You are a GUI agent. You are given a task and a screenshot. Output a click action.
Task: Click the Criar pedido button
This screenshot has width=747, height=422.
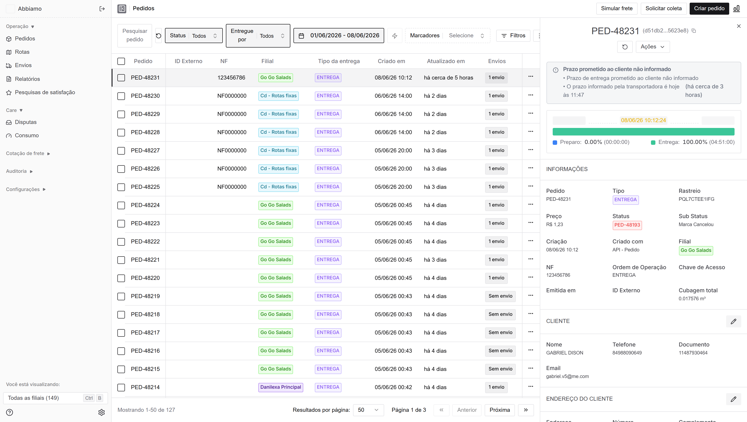(709, 8)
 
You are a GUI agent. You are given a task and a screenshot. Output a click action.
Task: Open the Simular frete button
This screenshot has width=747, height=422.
(617, 8)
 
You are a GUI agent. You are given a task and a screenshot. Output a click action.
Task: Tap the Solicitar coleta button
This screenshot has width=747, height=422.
(663, 8)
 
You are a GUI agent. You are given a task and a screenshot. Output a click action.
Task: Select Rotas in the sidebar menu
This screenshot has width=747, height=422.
(22, 52)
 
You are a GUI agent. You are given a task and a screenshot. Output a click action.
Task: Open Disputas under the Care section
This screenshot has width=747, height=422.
(26, 122)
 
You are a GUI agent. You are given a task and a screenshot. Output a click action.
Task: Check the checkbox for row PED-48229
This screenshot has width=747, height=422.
(121, 114)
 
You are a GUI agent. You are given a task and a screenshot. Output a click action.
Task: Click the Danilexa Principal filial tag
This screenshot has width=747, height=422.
(281, 387)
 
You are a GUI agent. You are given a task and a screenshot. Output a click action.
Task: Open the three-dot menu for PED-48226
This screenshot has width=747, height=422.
(531, 168)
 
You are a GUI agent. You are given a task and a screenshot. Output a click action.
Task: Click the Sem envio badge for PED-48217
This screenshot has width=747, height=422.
(500, 332)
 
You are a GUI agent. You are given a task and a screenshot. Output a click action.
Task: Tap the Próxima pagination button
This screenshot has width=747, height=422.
(500, 410)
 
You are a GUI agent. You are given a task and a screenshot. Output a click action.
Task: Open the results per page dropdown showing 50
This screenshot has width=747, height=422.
(368, 410)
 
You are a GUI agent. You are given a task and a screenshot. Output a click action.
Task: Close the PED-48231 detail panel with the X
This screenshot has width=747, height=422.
(739, 26)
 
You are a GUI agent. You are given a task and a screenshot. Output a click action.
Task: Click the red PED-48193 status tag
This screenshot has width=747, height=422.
(627, 225)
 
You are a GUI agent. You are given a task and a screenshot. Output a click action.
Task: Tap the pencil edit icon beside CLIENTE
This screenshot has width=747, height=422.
(733, 321)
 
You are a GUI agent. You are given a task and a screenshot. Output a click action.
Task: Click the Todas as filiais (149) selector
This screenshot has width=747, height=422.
(55, 398)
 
